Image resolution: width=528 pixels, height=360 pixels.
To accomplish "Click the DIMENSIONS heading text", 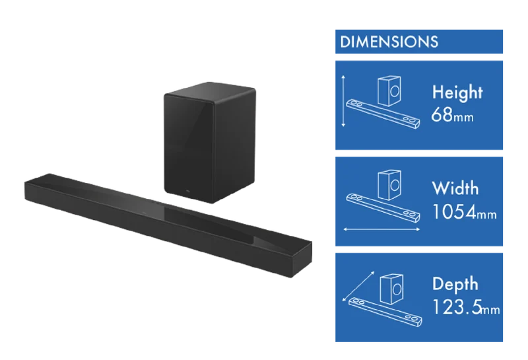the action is coord(389,42).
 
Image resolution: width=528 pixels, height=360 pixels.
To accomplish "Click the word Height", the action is coord(457,92).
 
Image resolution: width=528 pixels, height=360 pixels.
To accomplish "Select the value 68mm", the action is coord(452,115).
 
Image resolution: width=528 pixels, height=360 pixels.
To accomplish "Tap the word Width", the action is coord(455,188).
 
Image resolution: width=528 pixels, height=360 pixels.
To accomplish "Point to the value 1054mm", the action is coord(464,212).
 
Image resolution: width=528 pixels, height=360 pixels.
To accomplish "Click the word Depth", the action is coord(455,284).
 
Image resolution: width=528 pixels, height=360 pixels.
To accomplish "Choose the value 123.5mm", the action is coord(466,307).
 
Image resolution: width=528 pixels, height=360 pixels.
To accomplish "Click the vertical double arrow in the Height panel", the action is coord(343,101).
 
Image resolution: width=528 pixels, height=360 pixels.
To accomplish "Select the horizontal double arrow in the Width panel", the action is coord(381,230).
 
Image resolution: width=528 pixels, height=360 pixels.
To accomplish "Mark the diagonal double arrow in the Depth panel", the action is coord(358,286).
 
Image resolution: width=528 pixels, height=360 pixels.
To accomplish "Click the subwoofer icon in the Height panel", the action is coord(389,90).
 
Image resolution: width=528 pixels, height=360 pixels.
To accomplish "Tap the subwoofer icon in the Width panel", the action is coord(389,185).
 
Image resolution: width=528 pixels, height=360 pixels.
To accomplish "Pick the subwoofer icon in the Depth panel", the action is coord(391,289).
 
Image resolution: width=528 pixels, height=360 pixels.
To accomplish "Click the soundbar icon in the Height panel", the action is coord(383,114).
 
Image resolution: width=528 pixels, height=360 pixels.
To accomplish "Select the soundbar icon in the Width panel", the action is coord(383,208).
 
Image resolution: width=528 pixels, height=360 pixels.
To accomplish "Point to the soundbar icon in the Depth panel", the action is coord(385,312).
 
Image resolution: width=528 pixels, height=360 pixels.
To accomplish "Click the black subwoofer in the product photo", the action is coord(210,142).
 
